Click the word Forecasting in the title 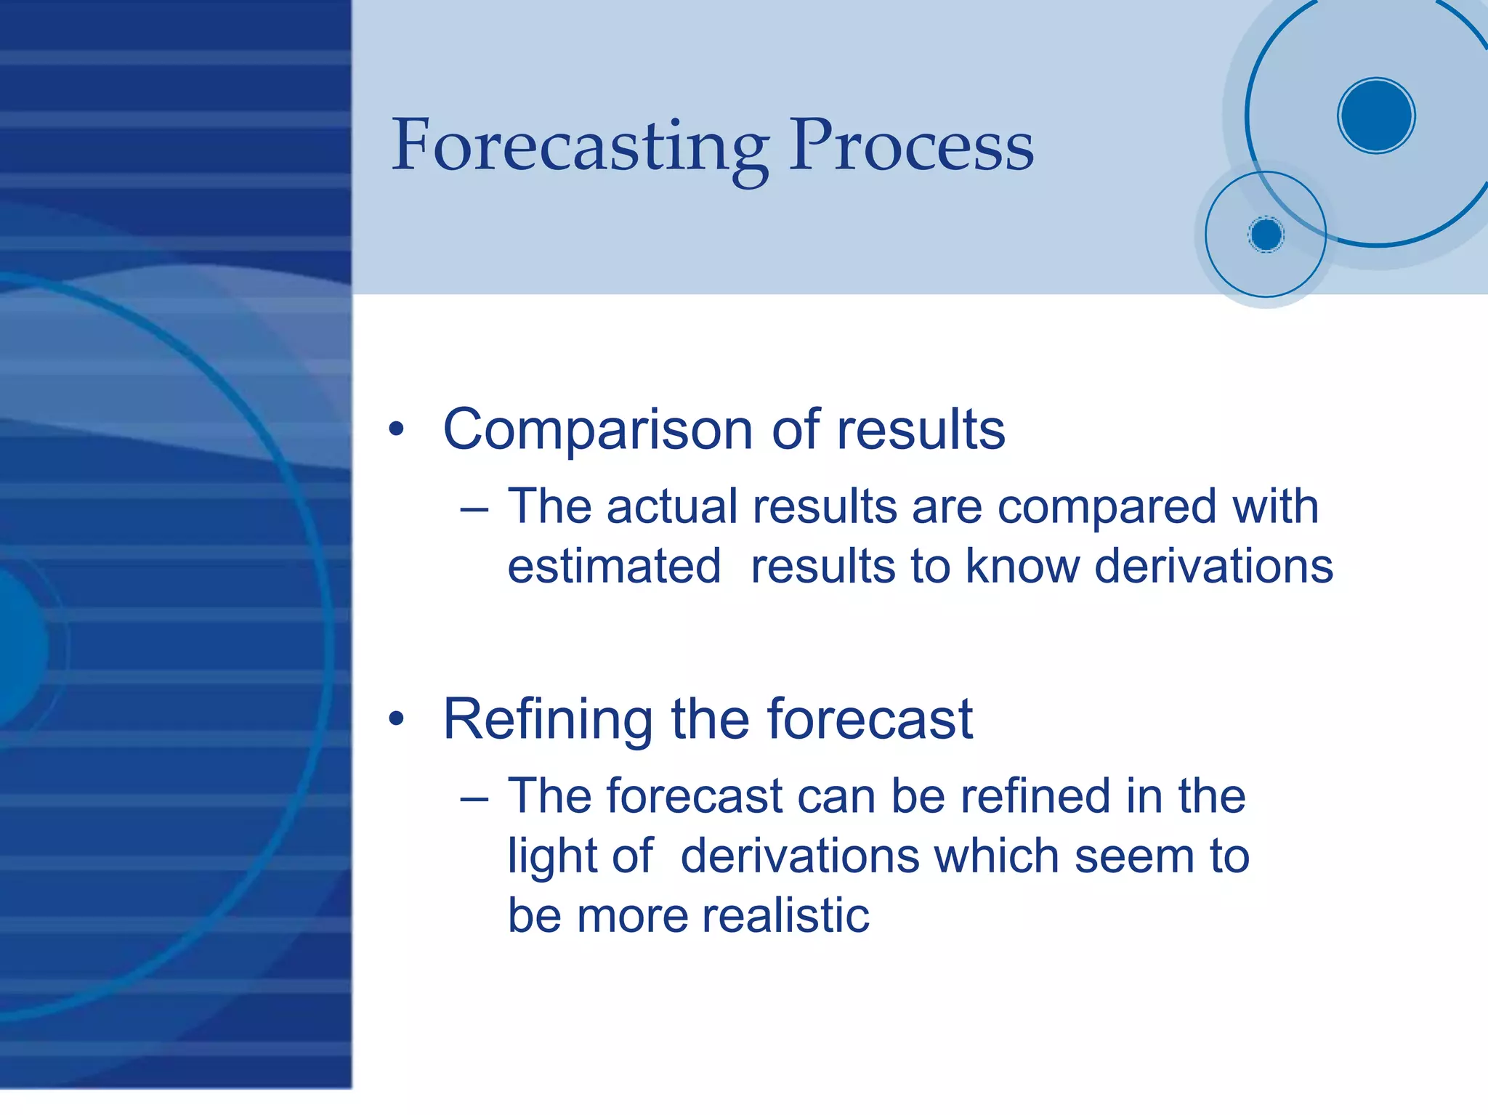[580, 147]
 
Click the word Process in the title [911, 147]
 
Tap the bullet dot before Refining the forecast [396, 719]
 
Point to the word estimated [614, 567]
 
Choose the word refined [1035, 796]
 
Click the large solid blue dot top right [1376, 115]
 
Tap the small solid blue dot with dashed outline [1266, 235]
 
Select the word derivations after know [1213, 567]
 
